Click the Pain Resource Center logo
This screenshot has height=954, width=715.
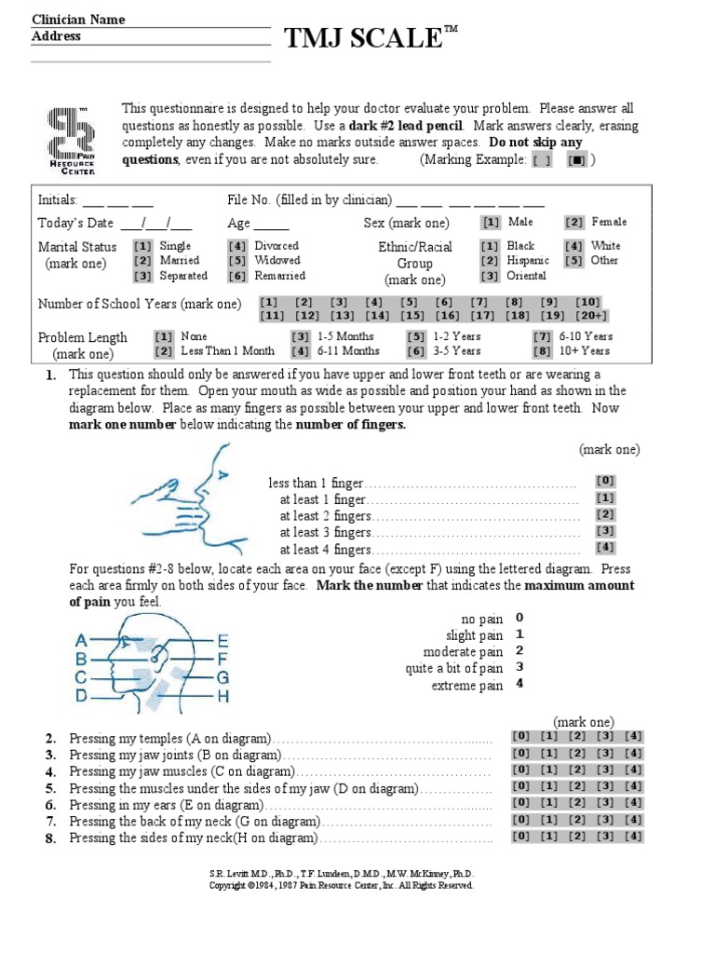[71, 140]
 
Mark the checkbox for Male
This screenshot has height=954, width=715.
[490, 223]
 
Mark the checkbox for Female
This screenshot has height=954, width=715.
[573, 223]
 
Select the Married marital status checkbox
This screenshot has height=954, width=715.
[142, 261]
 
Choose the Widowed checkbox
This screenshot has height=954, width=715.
[236, 261]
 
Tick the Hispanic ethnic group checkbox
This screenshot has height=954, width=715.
[490, 261]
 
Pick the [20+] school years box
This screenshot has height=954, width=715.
[590, 317]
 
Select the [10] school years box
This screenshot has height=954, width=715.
[587, 303]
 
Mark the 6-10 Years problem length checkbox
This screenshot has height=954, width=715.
[542, 336]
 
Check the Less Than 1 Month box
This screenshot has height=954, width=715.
[163, 351]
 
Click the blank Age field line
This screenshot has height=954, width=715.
[271, 225]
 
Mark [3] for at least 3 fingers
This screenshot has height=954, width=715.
[605, 531]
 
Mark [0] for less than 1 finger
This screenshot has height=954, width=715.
[605, 481]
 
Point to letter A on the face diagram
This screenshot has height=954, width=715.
[81, 641]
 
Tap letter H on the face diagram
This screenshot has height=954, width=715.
[223, 696]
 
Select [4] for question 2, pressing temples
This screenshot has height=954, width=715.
[633, 737]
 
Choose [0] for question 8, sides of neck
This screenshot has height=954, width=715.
[521, 837]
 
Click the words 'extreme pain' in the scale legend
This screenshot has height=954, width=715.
[466, 686]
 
